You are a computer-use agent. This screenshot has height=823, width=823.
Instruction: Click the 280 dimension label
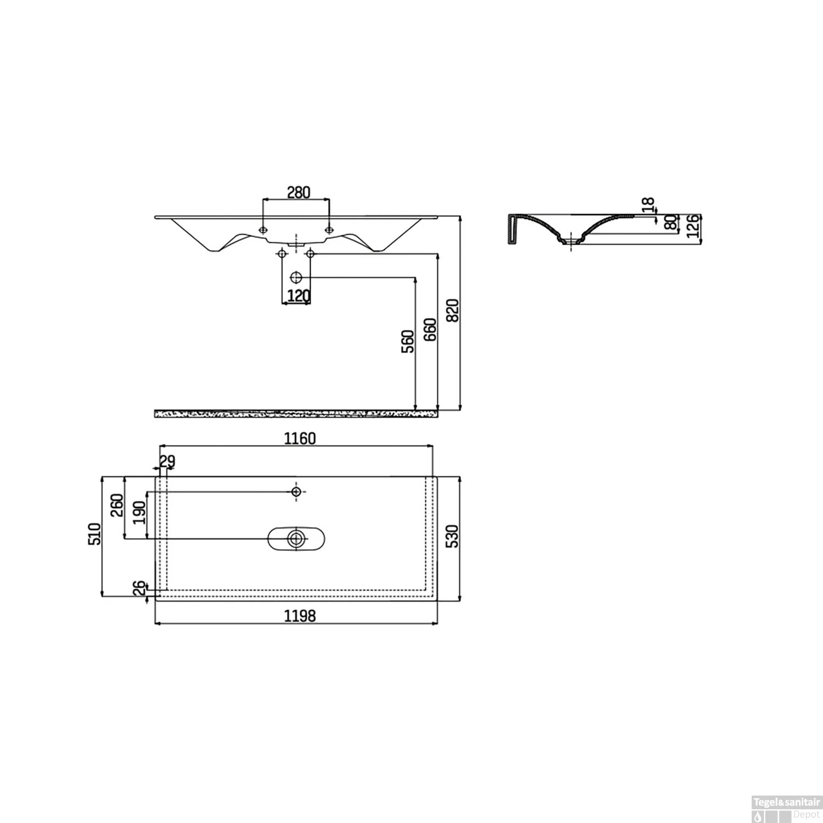coord(298,192)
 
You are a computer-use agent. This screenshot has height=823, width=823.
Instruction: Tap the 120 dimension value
coord(298,296)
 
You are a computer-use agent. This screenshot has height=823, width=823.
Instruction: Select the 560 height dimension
coord(408,341)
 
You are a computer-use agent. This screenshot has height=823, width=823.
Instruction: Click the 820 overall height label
coord(453,311)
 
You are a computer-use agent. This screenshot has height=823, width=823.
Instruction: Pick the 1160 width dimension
coord(300,438)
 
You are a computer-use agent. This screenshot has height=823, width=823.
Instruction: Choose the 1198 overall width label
coord(300,616)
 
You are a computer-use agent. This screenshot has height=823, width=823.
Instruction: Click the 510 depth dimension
coord(95,534)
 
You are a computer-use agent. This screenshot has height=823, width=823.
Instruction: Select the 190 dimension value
coord(140,512)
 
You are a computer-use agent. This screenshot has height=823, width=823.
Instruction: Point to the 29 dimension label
coord(167,461)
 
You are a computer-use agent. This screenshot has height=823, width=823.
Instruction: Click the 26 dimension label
coord(140,588)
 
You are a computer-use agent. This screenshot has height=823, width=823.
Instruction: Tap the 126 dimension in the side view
coord(694,226)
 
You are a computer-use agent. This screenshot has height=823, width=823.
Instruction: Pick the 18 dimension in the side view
coord(649,205)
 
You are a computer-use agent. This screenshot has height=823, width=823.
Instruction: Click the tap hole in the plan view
coord(296,491)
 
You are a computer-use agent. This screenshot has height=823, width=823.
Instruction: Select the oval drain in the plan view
coord(296,538)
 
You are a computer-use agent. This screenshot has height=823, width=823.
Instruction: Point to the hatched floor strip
coord(296,413)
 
